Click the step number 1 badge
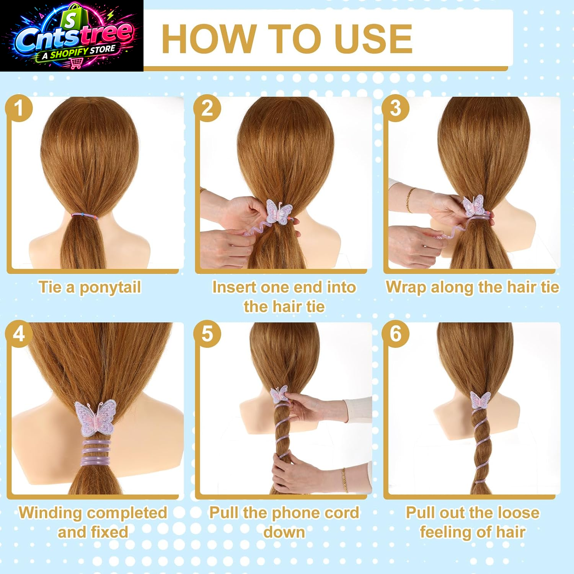(x=19, y=108)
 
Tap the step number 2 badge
(x=207, y=108)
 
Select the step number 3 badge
(x=396, y=108)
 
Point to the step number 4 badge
(x=19, y=334)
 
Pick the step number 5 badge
(x=207, y=334)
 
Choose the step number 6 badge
(x=396, y=334)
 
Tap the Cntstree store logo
(x=72, y=36)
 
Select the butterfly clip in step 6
(x=480, y=401)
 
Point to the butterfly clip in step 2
(x=279, y=212)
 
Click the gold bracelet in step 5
(x=345, y=480)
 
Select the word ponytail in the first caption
(x=110, y=288)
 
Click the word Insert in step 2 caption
(x=234, y=287)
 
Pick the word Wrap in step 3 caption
(x=406, y=288)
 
